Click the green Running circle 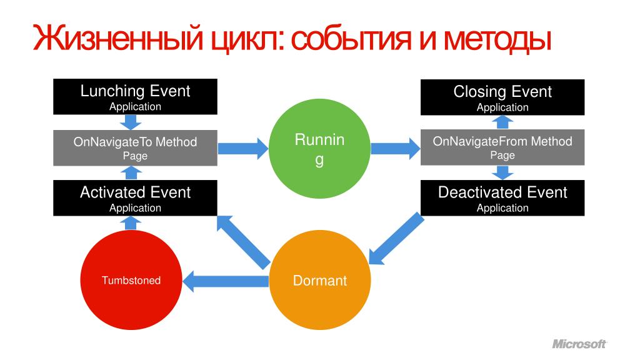click(319, 149)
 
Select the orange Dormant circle click(319, 280)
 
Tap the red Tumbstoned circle click(131, 280)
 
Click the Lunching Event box click(135, 97)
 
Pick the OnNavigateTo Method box click(135, 148)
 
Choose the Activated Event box click(135, 198)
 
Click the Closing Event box click(502, 97)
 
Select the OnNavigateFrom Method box click(502, 147)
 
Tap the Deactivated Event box click(502, 198)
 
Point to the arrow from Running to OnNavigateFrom click(395, 148)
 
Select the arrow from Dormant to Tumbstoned click(226, 280)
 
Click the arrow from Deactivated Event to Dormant click(394, 239)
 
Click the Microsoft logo click(579, 344)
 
